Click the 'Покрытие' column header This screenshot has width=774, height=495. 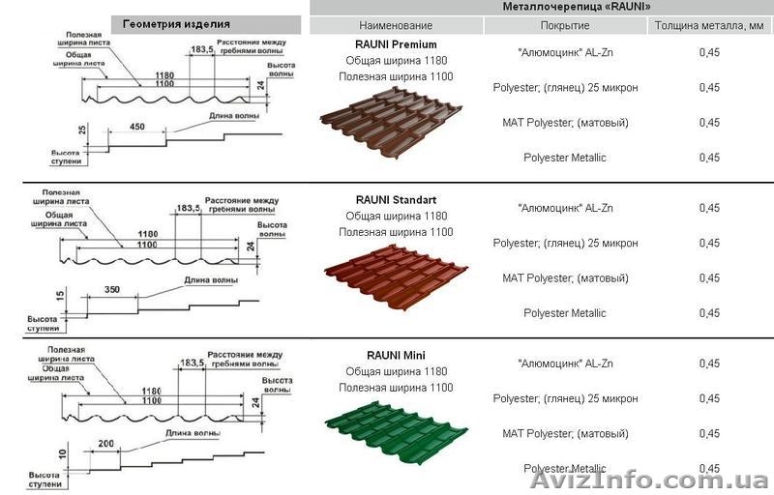pos(565,25)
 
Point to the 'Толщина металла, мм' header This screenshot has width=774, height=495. pos(708,25)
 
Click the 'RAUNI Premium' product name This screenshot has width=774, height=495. pos(396,44)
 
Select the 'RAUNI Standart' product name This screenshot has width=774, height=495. pos(396,199)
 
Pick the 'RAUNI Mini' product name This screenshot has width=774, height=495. pos(396,355)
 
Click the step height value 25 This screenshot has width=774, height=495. pos(83,129)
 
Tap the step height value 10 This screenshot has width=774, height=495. pos(62,451)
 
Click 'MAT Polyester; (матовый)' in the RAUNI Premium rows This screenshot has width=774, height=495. pos(565,123)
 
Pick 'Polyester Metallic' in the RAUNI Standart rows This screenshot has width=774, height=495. pos(565,313)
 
